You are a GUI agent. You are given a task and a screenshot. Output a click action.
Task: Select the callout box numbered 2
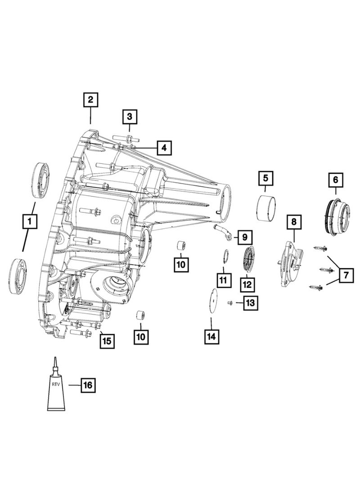[x=90, y=100]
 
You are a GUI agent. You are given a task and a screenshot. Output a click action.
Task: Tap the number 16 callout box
[x=88, y=385]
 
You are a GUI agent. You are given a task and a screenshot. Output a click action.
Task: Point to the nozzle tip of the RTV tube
[x=55, y=357]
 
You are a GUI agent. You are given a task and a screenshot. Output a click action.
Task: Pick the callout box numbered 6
[x=335, y=180]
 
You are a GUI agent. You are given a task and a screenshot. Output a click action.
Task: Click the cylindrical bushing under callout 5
[x=266, y=207]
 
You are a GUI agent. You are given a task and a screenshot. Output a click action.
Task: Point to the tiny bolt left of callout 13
[x=230, y=302]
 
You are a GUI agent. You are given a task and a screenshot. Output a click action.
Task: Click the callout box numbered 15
[x=107, y=341]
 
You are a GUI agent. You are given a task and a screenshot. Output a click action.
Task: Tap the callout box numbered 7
[x=346, y=275]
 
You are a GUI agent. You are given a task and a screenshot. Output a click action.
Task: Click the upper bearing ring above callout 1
[x=40, y=180]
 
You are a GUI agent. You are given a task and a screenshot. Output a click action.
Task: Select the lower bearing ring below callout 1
[x=17, y=276]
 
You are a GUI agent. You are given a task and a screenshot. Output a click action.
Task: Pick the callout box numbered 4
[x=164, y=147]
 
